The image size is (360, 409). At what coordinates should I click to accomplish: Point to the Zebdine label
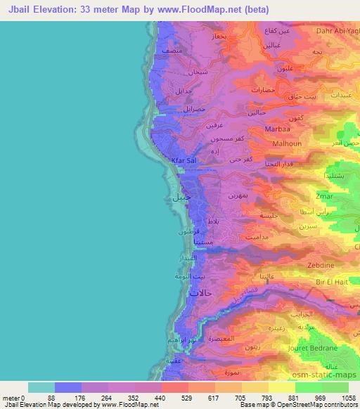321,266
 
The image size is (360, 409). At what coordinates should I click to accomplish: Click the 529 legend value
166,398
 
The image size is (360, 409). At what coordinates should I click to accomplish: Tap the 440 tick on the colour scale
139,398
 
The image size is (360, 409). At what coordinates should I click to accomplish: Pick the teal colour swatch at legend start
41,387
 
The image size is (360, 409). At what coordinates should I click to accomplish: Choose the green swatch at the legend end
335,387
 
